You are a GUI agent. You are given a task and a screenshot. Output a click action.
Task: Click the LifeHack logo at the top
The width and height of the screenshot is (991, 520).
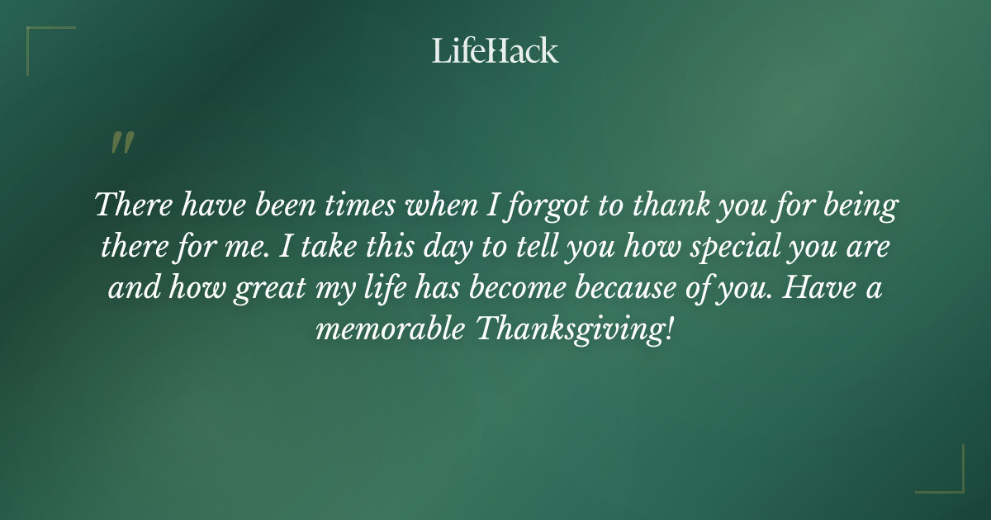tap(495, 50)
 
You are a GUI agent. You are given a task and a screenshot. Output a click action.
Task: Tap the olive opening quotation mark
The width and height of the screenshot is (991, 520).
tap(121, 143)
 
